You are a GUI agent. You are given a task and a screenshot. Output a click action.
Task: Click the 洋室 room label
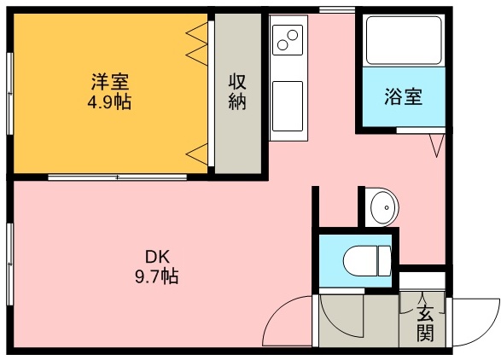tap(111, 83)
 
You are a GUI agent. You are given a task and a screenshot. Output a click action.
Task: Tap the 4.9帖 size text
tap(111, 102)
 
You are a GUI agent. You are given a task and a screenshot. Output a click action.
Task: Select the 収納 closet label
tap(236, 92)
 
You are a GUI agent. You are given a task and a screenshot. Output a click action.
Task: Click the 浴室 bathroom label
tap(402, 96)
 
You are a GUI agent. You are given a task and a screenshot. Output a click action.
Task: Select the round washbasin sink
tap(381, 207)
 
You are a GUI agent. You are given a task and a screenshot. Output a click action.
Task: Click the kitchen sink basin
tap(288, 106)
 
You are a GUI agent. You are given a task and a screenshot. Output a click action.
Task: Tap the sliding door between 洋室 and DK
tap(117, 177)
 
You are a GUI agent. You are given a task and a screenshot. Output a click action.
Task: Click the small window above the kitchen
tap(337, 10)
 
